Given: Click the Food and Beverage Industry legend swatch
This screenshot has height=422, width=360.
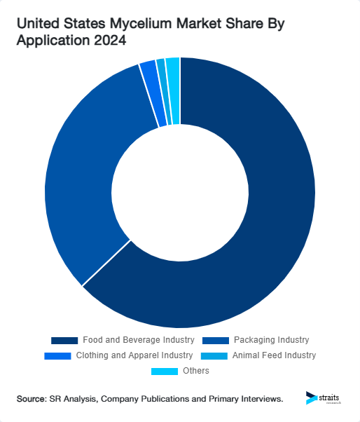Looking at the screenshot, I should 64,340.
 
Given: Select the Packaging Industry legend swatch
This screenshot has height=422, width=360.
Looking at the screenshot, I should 215,340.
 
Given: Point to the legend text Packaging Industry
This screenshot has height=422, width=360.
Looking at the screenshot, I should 271,340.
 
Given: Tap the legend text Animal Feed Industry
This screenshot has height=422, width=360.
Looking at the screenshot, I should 274,355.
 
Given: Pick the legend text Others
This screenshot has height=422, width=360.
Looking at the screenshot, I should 195,371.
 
